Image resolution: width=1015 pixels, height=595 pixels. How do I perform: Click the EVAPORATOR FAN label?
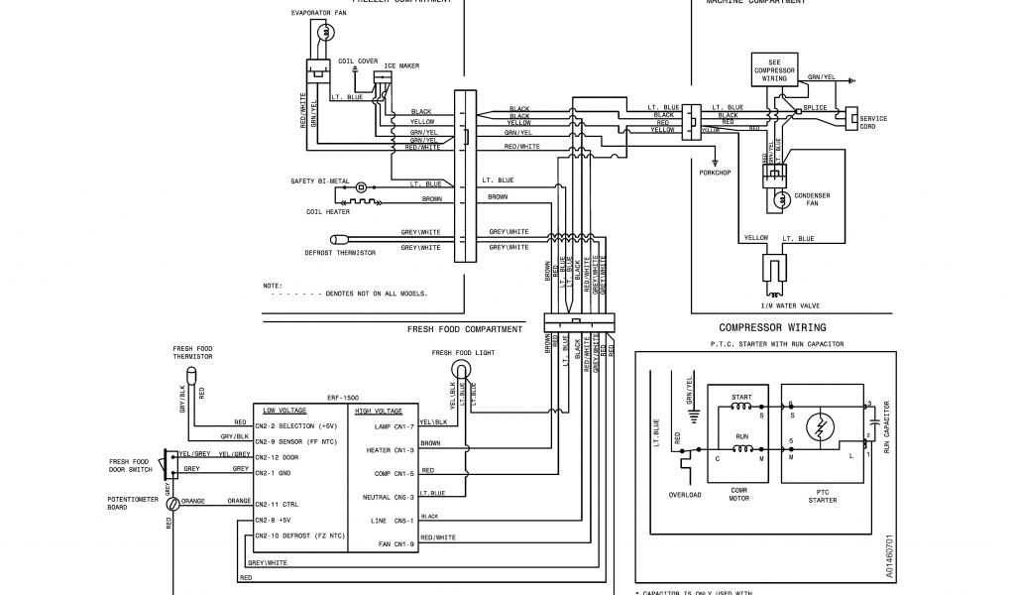point(319,14)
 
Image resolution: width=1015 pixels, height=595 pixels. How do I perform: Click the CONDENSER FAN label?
point(811,199)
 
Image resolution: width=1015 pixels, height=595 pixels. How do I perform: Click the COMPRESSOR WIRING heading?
point(772,327)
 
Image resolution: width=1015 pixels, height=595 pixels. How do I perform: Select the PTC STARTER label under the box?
point(823,496)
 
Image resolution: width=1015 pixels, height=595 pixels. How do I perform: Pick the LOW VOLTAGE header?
point(284,410)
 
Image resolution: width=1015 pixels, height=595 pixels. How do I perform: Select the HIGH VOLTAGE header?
point(378,410)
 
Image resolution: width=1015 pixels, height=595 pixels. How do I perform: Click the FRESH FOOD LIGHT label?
point(464,353)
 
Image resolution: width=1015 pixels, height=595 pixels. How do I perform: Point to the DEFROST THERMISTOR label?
point(340,252)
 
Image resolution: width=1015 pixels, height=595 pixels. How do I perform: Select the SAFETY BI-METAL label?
point(320,181)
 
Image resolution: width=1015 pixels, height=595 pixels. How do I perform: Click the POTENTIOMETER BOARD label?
point(132,503)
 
